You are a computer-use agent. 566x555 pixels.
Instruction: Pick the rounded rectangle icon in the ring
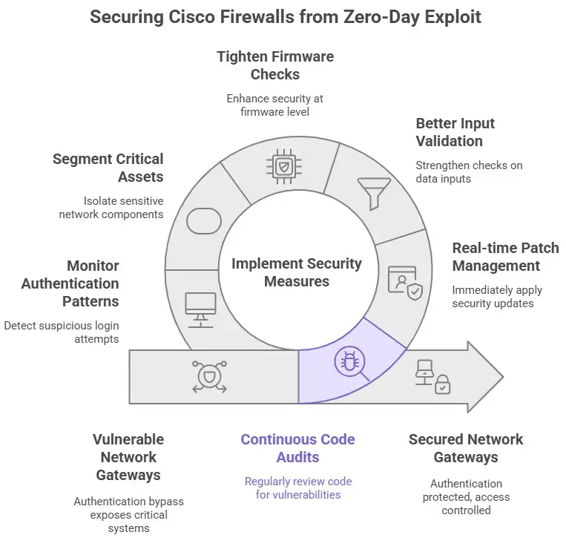(204, 221)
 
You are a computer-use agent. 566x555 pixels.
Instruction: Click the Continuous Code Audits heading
(297, 448)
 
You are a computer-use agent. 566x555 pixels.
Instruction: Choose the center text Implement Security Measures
(297, 272)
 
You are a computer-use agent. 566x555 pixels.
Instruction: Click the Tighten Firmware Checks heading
(275, 65)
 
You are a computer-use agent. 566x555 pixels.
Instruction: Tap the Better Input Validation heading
(455, 132)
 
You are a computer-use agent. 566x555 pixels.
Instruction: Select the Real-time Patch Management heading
(505, 257)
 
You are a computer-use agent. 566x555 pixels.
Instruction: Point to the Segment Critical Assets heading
(108, 167)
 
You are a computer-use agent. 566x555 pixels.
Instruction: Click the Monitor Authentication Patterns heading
(70, 283)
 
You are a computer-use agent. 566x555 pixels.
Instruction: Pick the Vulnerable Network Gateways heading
(128, 457)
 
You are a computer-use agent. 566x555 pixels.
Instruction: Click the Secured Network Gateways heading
(466, 448)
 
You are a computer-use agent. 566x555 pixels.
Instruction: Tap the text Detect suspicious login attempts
(61, 332)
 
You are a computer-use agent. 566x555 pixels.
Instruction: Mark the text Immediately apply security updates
(497, 297)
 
